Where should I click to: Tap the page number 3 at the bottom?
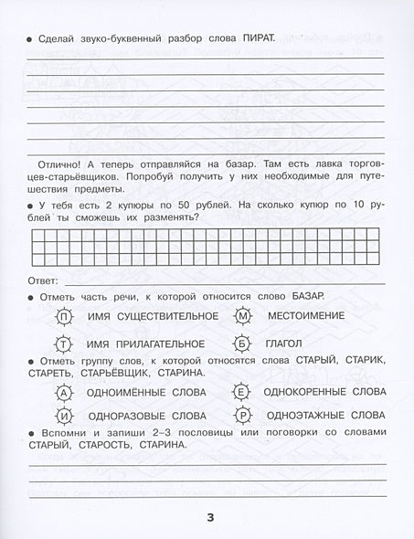pos(209,519)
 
